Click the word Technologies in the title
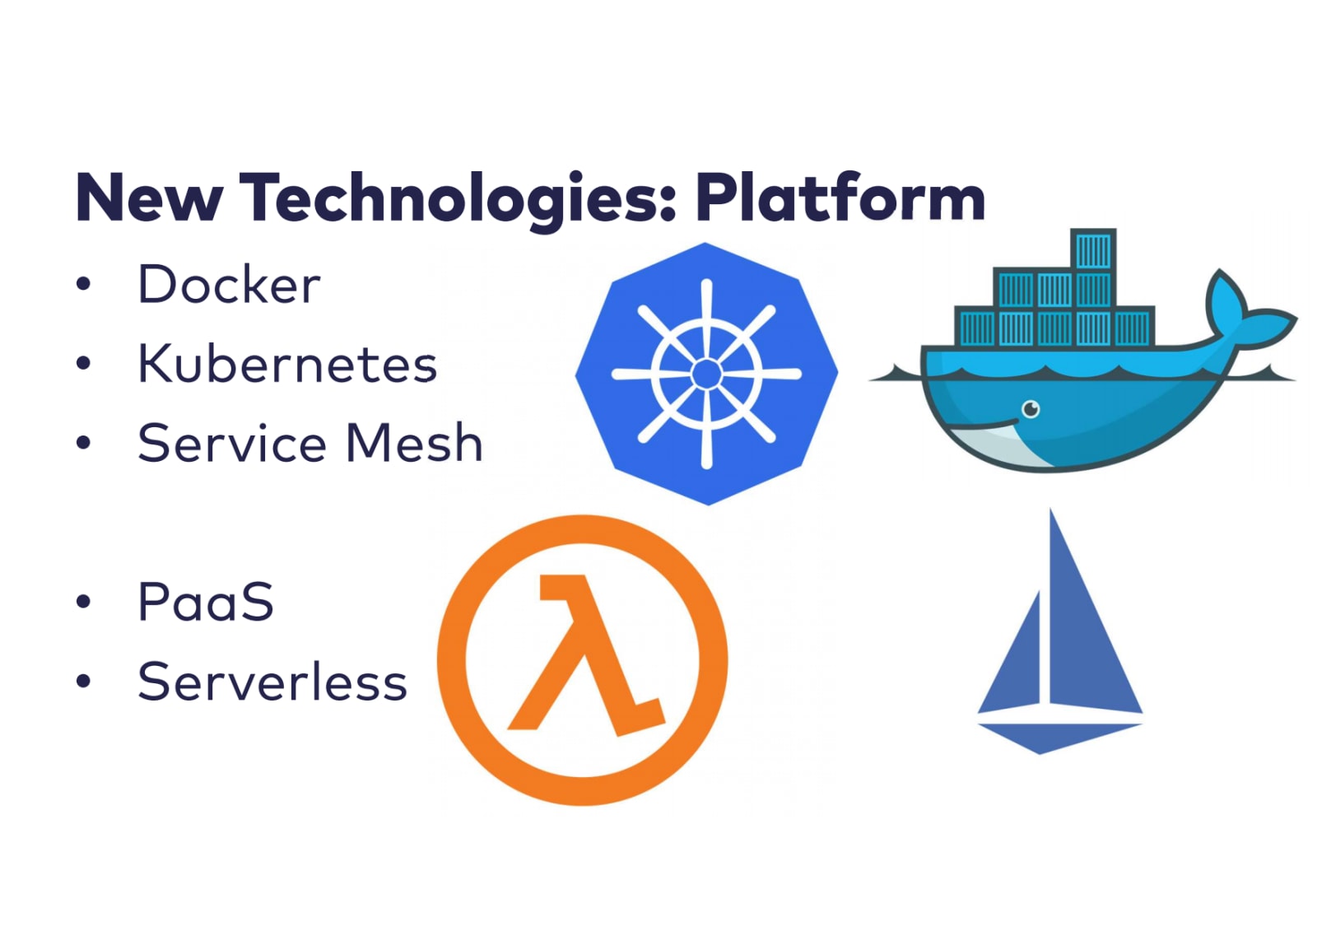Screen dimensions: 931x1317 pos(458,198)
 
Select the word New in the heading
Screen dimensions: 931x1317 pos(149,198)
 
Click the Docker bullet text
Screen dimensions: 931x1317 pos(229,285)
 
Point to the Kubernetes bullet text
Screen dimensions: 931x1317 pos(287,364)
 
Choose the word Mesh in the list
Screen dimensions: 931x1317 pos(414,444)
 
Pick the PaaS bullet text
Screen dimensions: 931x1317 pos(206,602)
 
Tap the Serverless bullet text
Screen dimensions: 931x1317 pos(272,682)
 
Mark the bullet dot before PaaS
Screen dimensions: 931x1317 pos(83,602)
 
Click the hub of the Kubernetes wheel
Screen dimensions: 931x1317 pos(706,374)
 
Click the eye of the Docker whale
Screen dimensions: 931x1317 pos(1031,408)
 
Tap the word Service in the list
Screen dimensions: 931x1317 pos(232,444)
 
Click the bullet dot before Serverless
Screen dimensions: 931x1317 pos(83,682)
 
